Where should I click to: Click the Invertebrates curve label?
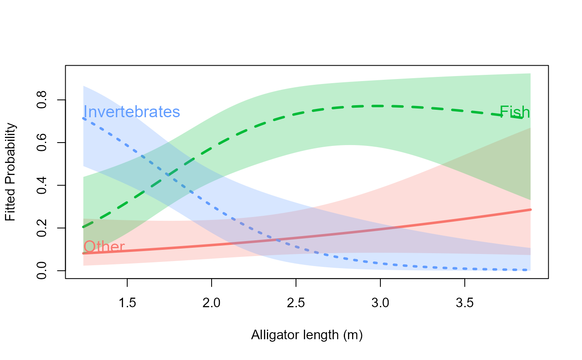click(131, 112)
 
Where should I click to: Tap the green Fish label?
click(515, 112)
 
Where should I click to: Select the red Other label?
click(104, 247)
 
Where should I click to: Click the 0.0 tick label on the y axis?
click(42, 271)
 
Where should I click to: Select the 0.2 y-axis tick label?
click(42, 228)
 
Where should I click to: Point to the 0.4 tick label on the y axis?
click(42, 185)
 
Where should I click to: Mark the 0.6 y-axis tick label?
click(42, 143)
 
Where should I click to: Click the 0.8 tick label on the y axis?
click(42, 100)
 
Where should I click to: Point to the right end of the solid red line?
click(531, 210)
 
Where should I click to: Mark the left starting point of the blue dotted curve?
click(84, 118)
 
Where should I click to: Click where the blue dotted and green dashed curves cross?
click(168, 175)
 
